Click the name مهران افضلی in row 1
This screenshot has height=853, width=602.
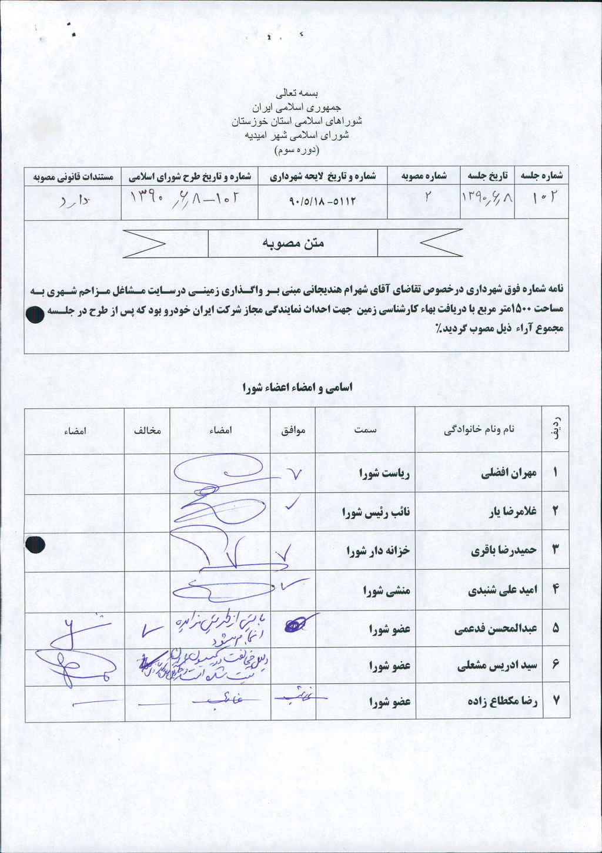coord(509,473)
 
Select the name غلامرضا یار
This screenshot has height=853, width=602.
coord(513,512)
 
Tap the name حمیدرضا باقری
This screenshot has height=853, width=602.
coord(504,550)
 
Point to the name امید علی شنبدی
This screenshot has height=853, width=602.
coord(502,590)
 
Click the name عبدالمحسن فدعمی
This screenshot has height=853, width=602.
coord(495,629)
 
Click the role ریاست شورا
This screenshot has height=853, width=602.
coord(384,473)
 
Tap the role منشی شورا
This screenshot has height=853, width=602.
coord(386,590)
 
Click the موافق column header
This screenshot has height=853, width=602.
coord(293,430)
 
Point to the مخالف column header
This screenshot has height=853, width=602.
coord(147,430)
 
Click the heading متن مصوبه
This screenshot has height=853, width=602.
coord(293,243)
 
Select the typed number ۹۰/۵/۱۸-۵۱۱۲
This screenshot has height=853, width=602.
coord(323,201)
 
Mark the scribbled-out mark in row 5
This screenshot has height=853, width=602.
coord(296,624)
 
